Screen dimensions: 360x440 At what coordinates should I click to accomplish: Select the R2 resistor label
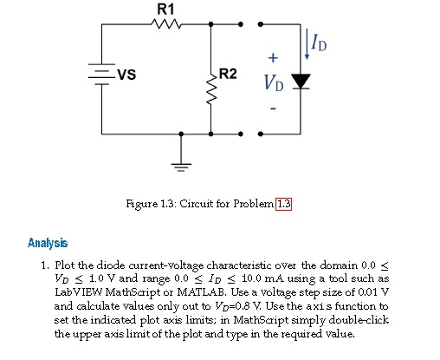point(228,74)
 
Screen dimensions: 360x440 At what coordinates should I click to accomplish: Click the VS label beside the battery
point(127,75)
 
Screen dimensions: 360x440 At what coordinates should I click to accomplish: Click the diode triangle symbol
point(300,81)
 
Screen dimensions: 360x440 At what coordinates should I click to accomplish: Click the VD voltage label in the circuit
point(274,83)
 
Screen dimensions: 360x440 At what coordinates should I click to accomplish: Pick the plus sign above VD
point(273,57)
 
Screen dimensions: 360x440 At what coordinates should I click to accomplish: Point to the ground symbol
point(181,165)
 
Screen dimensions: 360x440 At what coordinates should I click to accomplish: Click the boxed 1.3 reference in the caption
point(284,203)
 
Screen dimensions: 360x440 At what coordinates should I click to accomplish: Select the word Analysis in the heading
point(48,243)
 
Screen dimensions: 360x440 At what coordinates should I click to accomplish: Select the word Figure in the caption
point(137,203)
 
